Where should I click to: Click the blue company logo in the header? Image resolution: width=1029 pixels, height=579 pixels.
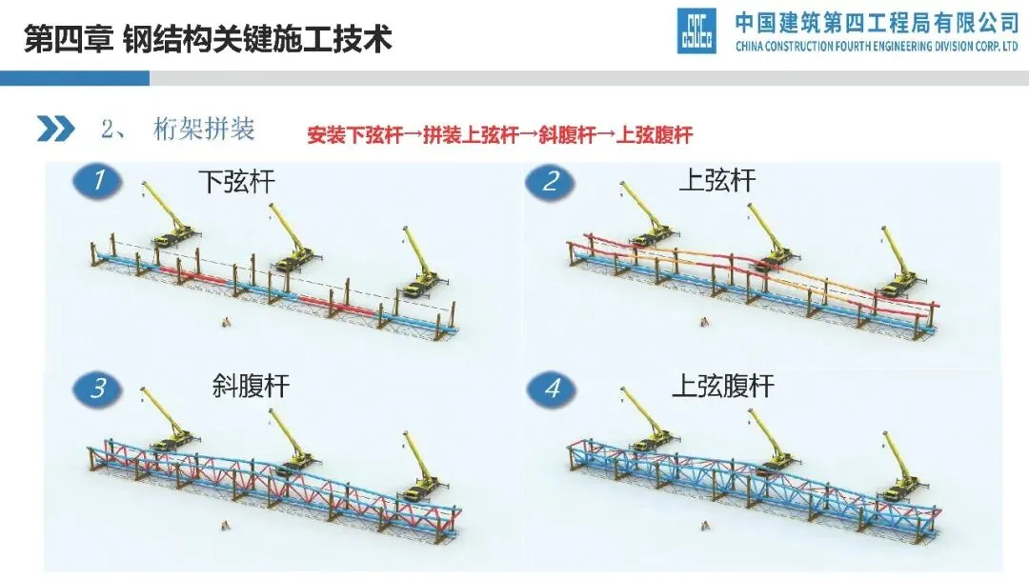point(696,31)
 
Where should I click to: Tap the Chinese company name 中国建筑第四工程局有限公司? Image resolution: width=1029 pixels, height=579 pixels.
point(877,22)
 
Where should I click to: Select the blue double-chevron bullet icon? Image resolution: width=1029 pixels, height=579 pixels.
point(55,129)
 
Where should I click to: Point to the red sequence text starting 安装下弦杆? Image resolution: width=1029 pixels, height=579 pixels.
point(499,135)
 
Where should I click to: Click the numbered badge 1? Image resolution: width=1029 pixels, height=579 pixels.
point(97,181)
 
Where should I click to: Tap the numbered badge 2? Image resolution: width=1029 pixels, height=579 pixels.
point(550,181)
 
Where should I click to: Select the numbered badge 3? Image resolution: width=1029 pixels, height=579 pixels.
point(98,389)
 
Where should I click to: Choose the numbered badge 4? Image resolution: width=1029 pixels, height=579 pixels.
point(552,389)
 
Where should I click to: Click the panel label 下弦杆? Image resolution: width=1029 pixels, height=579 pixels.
point(236,182)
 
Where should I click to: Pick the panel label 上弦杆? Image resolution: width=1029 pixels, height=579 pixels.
point(716,182)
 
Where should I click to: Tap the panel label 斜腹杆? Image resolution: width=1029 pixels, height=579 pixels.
point(250,387)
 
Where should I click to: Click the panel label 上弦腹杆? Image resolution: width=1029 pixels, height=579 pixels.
point(723,387)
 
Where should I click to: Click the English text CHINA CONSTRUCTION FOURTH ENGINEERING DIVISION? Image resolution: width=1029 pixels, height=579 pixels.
point(877,47)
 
